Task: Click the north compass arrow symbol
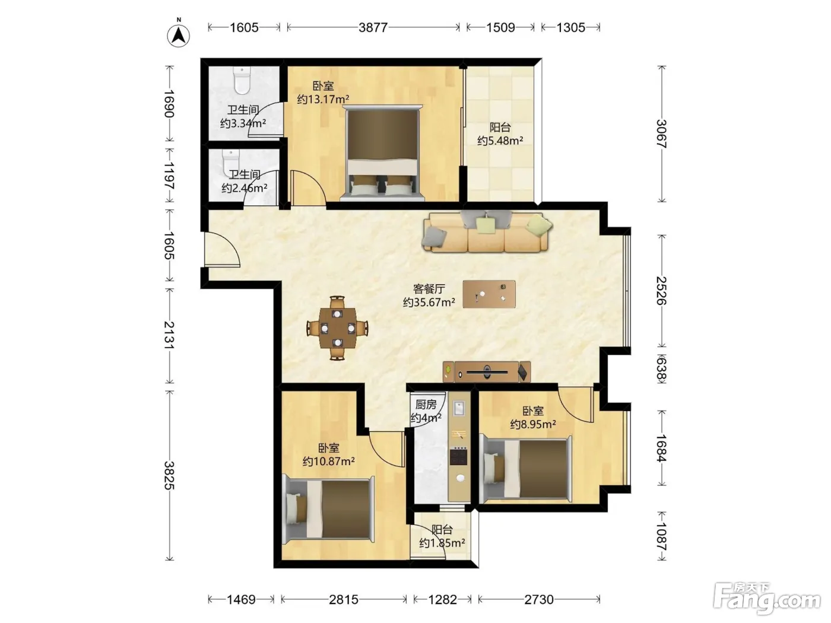pyautogui.click(x=178, y=36)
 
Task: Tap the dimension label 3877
pyautogui.click(x=373, y=27)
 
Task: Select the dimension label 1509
pyautogui.click(x=500, y=27)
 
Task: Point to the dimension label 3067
pyautogui.click(x=661, y=133)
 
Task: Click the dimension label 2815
pyautogui.click(x=343, y=599)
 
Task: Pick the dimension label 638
pyautogui.click(x=661, y=369)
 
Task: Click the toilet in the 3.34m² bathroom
pyautogui.click(x=242, y=80)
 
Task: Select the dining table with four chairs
pyautogui.click(x=337, y=328)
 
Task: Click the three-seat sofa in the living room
pyautogui.click(x=487, y=231)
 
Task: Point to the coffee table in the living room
pyautogui.click(x=489, y=294)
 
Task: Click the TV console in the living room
pyautogui.click(x=487, y=372)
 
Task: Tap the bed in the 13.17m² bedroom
pyautogui.click(x=382, y=153)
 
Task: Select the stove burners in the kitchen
pyautogui.click(x=458, y=456)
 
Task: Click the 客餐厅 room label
pyautogui.click(x=429, y=289)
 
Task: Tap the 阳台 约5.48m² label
pyautogui.click(x=500, y=134)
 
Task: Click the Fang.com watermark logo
pyautogui.click(x=767, y=599)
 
